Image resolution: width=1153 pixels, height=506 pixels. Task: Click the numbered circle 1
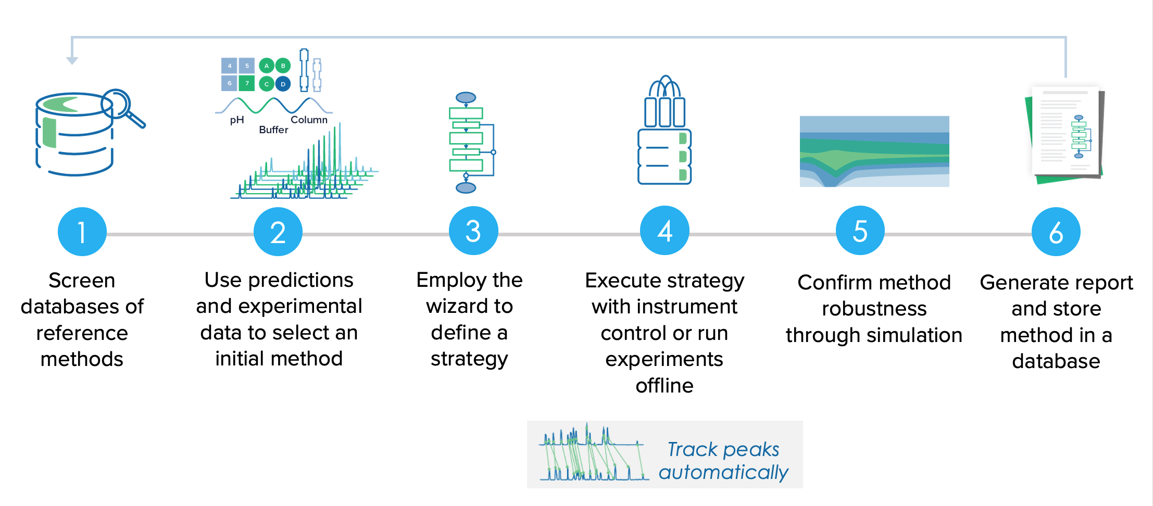(82, 232)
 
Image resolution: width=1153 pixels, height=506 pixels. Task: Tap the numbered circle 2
(278, 232)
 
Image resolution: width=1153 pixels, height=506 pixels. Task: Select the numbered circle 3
(473, 231)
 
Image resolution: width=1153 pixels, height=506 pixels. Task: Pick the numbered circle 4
(665, 231)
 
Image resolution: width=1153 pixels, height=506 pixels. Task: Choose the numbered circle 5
(860, 231)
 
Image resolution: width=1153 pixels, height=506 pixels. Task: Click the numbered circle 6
(1056, 232)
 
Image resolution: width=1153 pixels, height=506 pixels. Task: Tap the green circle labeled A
(267, 66)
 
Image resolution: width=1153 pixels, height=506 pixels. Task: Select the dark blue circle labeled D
(283, 83)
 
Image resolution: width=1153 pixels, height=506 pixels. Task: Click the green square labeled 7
(247, 83)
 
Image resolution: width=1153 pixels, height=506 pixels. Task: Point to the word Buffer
(273, 130)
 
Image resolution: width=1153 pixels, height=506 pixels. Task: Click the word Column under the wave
(309, 120)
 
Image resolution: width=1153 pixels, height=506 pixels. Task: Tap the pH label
(237, 120)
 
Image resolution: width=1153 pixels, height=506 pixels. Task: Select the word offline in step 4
(665, 386)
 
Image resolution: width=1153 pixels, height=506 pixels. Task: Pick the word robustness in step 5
(874, 309)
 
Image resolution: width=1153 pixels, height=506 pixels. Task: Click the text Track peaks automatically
(723, 460)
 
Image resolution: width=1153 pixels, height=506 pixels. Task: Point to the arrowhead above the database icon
(72, 60)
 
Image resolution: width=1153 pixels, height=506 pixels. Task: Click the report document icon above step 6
(1066, 134)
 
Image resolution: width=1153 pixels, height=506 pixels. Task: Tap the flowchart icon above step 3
(469, 143)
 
